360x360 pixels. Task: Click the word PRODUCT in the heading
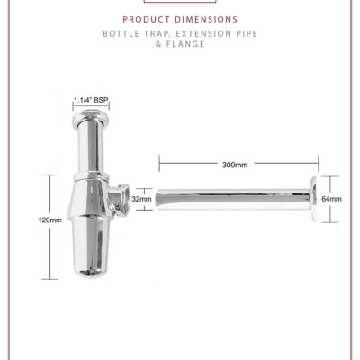147,20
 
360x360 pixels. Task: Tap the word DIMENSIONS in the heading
207,20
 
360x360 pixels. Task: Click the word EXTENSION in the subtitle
202,34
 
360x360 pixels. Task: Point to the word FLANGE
185,44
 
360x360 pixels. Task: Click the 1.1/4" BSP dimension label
91,100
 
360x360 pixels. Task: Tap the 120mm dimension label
50,220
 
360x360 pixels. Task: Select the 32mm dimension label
141,199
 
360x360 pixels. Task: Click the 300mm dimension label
235,165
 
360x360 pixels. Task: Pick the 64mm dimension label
331,199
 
